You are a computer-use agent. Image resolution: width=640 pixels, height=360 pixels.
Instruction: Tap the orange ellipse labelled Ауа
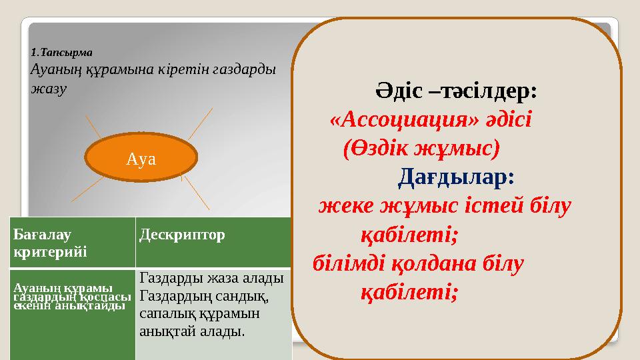coord(143,158)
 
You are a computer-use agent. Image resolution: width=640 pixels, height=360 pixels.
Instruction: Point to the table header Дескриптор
coord(181,235)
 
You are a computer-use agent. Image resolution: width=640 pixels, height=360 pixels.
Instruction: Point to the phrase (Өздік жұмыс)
coord(421,149)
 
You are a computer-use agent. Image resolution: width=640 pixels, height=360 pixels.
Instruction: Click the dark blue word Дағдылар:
coord(457,177)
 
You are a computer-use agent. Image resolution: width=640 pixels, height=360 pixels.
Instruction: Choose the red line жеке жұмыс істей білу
coord(444,206)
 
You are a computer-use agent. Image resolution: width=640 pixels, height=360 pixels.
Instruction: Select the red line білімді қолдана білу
coord(419,263)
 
